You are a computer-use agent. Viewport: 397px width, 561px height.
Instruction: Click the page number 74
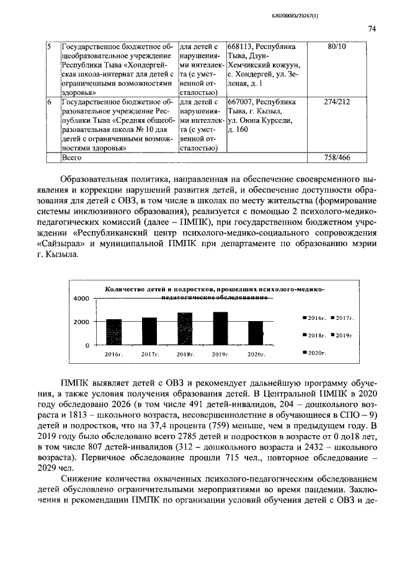[x=373, y=29]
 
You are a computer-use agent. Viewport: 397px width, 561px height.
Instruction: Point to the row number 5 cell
[x=51, y=47]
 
